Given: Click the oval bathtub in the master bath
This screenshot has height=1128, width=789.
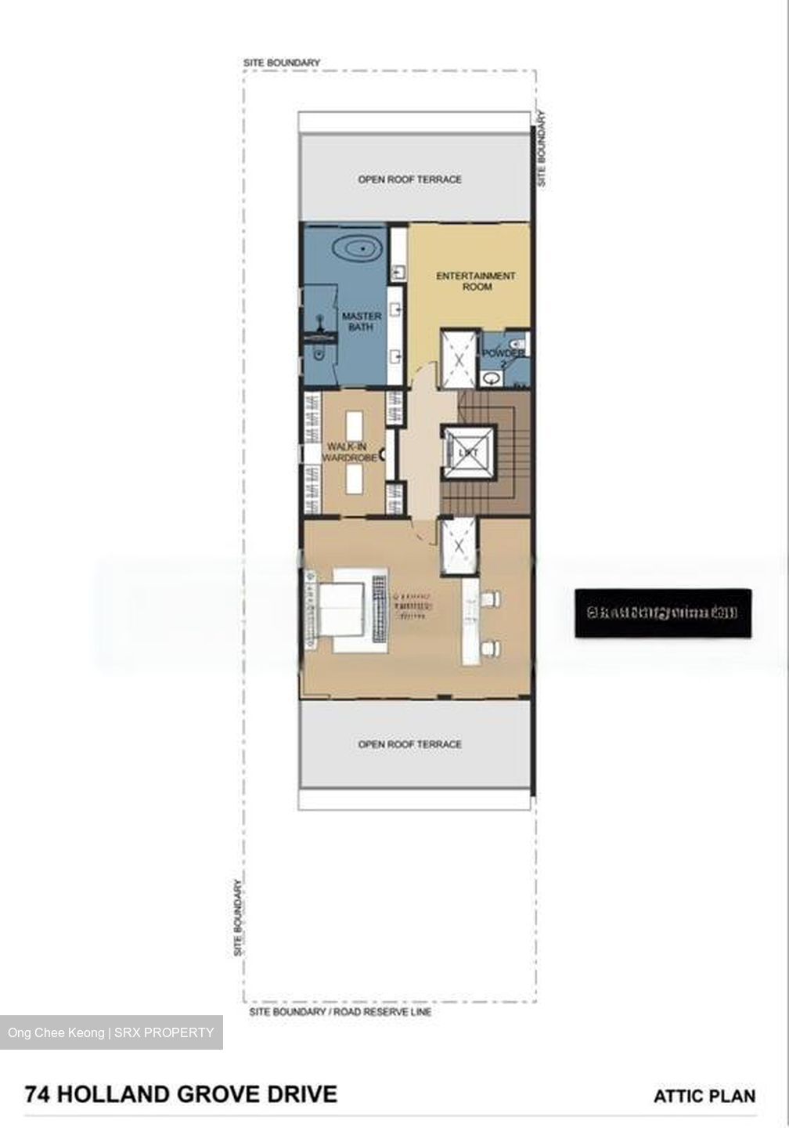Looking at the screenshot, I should point(357,250).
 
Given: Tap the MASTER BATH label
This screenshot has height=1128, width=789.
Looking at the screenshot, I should point(362,321).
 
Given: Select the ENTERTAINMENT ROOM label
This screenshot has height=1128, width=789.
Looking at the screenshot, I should point(475,281).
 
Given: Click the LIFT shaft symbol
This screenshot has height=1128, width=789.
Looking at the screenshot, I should point(468,453).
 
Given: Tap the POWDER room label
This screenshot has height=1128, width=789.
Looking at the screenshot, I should point(503,354).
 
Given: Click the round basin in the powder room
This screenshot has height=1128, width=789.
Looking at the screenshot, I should point(491,378).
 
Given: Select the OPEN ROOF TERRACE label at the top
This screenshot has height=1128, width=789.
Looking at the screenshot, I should point(409,179).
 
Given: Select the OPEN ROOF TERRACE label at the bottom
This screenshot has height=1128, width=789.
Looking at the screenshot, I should point(409,744).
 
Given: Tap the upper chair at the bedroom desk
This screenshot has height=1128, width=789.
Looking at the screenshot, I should point(491,599).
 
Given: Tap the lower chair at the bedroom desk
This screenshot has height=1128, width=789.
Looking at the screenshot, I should point(491,648).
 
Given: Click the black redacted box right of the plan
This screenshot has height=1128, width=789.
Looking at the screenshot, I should point(663,613).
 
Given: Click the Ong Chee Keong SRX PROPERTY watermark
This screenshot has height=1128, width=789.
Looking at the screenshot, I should point(111,1032).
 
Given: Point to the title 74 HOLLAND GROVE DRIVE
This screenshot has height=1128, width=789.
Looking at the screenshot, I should point(181,1094).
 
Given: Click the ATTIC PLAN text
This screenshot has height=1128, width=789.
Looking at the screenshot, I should point(704,1096).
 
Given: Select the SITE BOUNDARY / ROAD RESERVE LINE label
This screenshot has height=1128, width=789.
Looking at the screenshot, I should point(340,1012).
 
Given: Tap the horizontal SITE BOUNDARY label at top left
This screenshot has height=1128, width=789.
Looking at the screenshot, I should point(281,63).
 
